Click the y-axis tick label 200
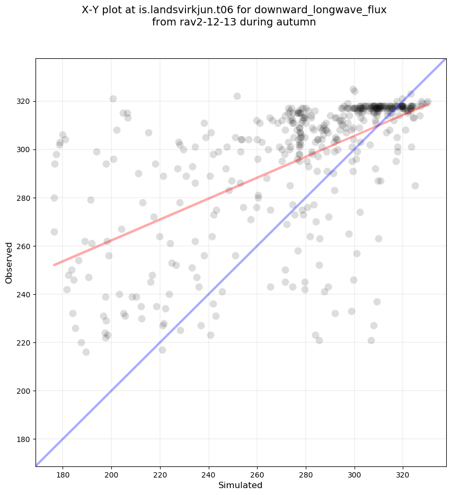click(24, 391)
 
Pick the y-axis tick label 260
click(24, 246)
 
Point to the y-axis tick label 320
click(24, 101)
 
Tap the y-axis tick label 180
click(24, 439)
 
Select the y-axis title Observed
click(9, 263)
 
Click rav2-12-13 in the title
click(200, 22)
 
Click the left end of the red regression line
click(54, 265)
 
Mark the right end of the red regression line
click(428, 104)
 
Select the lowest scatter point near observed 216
click(86, 352)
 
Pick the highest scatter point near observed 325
click(353, 90)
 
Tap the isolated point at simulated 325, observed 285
click(415, 185)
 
